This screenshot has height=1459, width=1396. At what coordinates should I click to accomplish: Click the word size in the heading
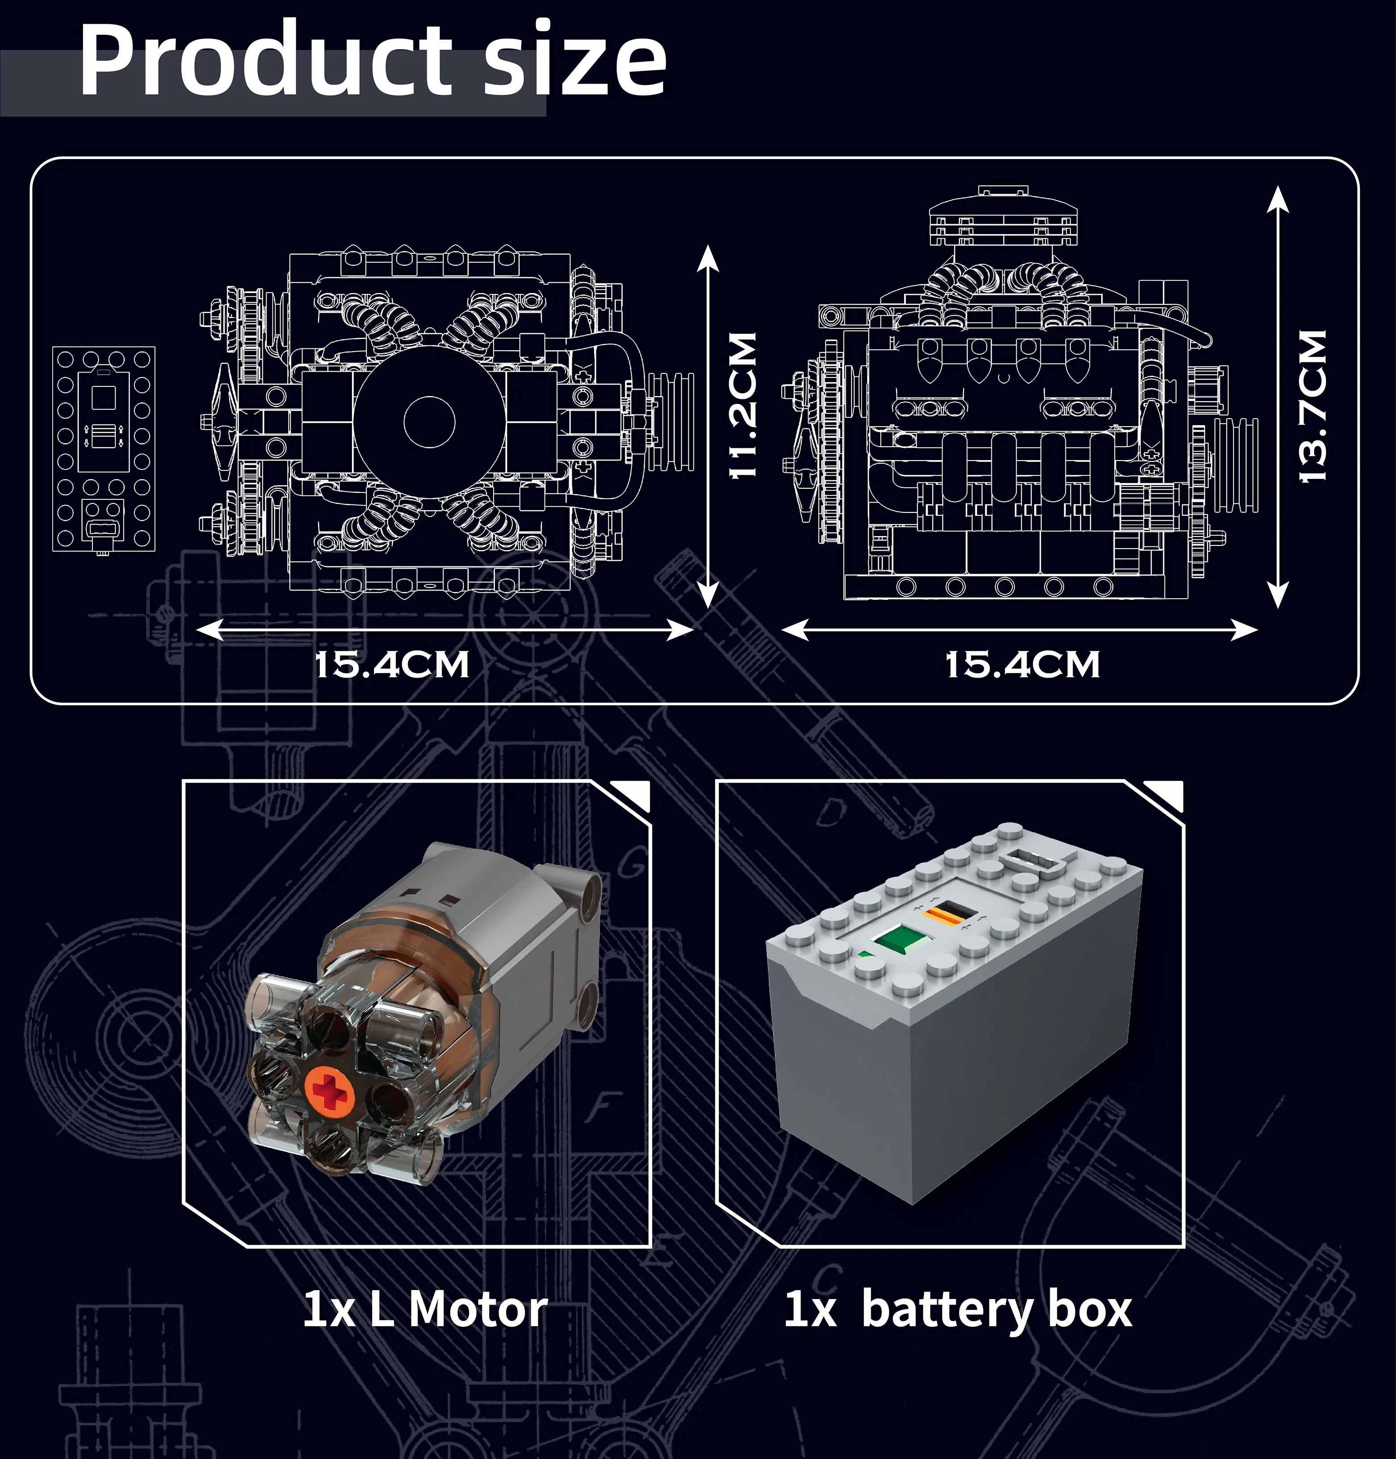[574, 63]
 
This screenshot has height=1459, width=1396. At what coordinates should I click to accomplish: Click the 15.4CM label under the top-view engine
[392, 664]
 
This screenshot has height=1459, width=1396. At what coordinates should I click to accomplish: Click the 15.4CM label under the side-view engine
[1022, 664]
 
